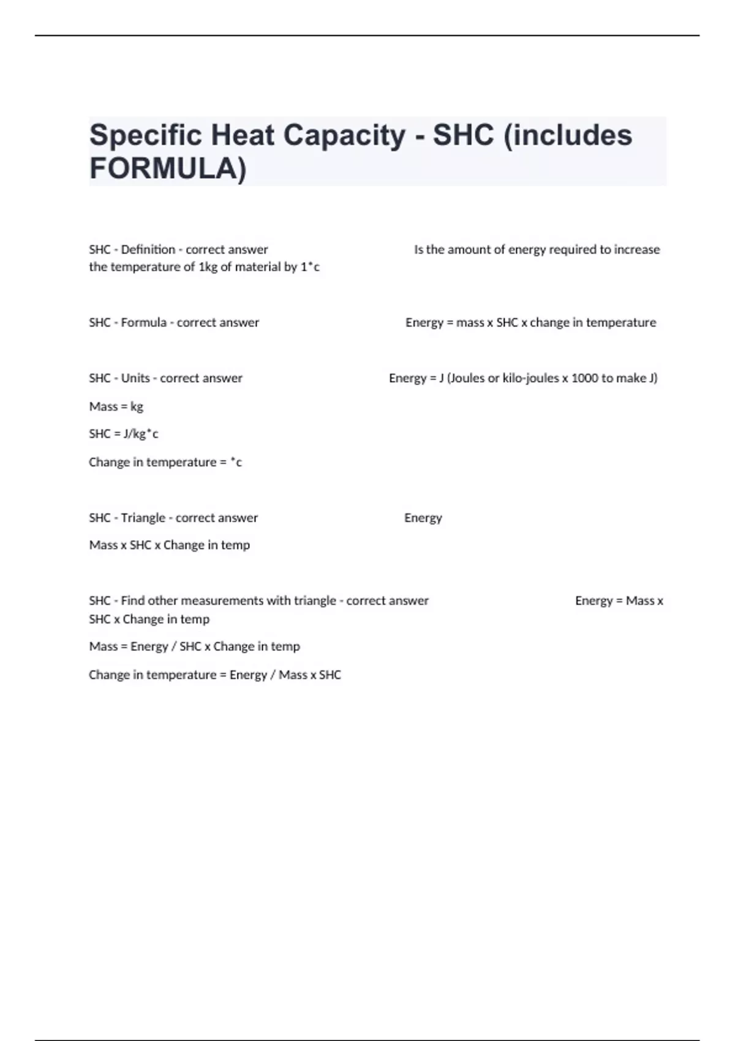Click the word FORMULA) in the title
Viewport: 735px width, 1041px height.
point(168,168)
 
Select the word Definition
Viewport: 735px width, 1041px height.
point(148,249)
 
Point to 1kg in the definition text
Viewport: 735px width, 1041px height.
point(208,267)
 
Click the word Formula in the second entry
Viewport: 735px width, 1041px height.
point(143,323)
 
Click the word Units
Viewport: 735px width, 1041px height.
point(135,378)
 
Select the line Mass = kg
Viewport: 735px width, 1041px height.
point(116,407)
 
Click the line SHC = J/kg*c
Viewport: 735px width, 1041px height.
point(124,434)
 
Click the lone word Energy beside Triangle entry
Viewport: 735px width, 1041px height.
point(423,518)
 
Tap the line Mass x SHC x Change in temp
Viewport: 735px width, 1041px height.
point(170,545)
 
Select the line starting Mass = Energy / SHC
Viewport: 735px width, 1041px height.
point(195,647)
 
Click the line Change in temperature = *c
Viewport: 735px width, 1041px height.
point(165,462)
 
